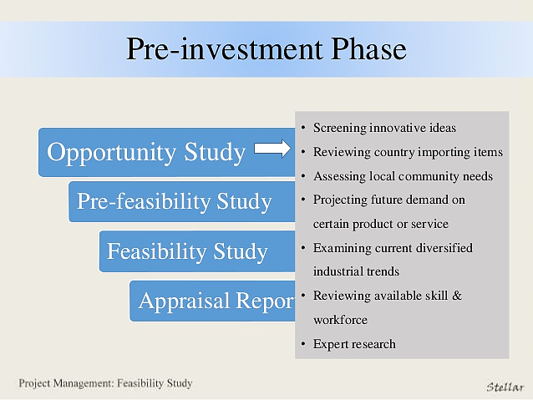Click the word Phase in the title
[x=368, y=48]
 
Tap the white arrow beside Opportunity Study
[x=272, y=149]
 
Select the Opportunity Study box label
[x=146, y=152]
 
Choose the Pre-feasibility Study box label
[x=175, y=202]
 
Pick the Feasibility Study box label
[x=187, y=251]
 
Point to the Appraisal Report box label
[x=216, y=301]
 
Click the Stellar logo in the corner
[x=505, y=387]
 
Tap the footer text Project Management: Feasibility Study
[x=105, y=383]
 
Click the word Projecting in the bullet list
[x=340, y=200]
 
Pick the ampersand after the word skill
[x=457, y=296]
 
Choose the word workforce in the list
[x=340, y=320]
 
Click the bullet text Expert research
[x=354, y=344]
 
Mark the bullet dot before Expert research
[x=303, y=344]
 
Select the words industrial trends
[x=356, y=271]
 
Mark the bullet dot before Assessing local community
[x=303, y=176]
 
